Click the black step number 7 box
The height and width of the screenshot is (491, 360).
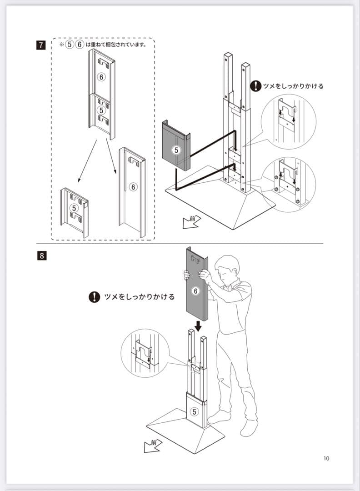[x=42, y=45]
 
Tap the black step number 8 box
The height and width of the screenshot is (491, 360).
[x=42, y=255]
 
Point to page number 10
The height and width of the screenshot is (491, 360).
[x=326, y=458]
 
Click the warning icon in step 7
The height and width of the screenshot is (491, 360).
[x=256, y=85]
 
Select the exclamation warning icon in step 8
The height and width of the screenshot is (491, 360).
[x=94, y=297]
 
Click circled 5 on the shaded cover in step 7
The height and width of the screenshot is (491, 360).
[x=176, y=149]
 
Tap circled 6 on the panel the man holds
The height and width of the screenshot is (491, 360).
[x=195, y=291]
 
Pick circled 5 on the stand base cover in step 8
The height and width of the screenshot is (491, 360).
[x=195, y=412]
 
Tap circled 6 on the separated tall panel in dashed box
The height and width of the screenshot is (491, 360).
[x=133, y=186]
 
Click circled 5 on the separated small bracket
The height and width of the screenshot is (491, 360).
[x=75, y=208]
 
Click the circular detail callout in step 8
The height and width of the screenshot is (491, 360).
[x=145, y=353]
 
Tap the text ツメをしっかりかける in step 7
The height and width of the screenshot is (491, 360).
[x=294, y=86]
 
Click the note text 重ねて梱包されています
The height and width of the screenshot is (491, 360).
[x=116, y=45]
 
